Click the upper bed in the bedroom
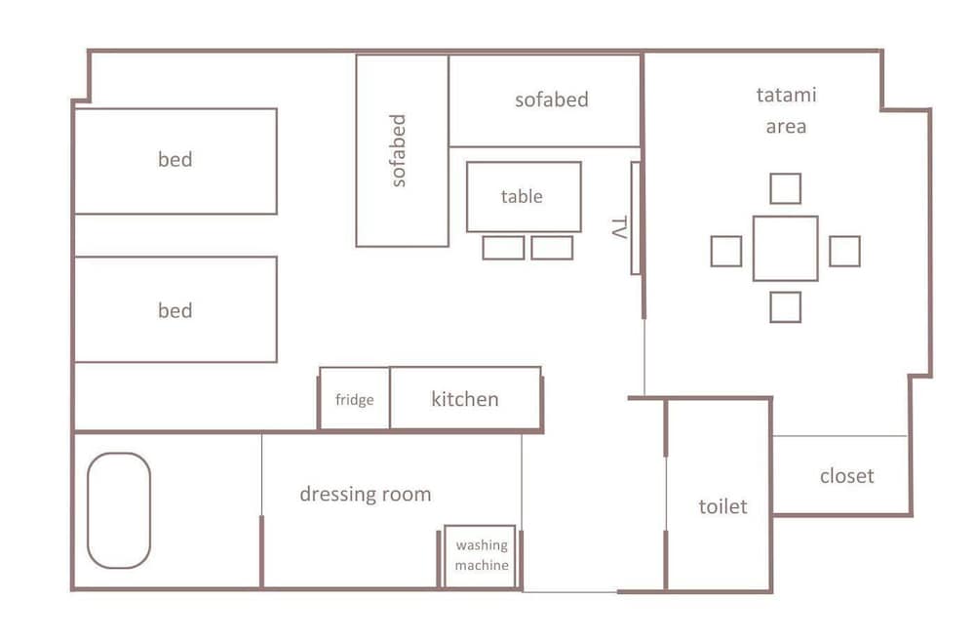pyautogui.click(x=175, y=161)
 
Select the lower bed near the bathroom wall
pyautogui.click(x=175, y=309)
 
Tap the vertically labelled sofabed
pyautogui.click(x=403, y=150)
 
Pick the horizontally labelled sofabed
pyautogui.click(x=545, y=100)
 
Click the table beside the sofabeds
pyautogui.click(x=524, y=197)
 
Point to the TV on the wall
pyautogui.click(x=636, y=218)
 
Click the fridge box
pyautogui.click(x=355, y=398)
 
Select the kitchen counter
pyautogui.click(x=465, y=398)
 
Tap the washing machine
pyautogui.click(x=480, y=556)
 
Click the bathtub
pyautogui.click(x=119, y=510)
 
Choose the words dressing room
pyautogui.click(x=365, y=494)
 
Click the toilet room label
pyautogui.click(x=722, y=506)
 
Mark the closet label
pyautogui.click(x=847, y=476)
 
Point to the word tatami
pyautogui.click(x=786, y=96)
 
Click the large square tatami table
pyautogui.click(x=785, y=249)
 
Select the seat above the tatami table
pyautogui.click(x=785, y=188)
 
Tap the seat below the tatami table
pyautogui.click(x=785, y=307)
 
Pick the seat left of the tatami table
pyautogui.click(x=726, y=252)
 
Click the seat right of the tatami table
pyautogui.click(x=845, y=252)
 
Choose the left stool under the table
pyautogui.click(x=504, y=248)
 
